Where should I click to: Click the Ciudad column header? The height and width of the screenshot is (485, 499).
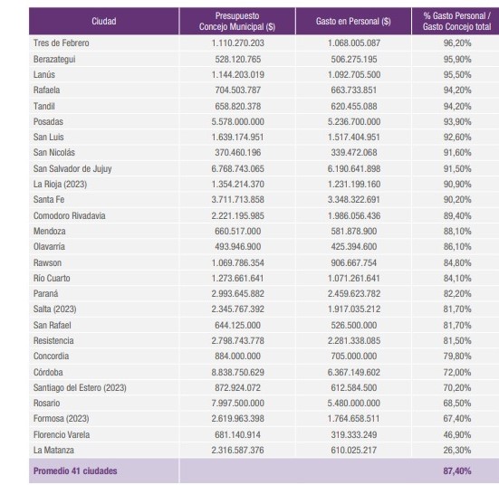click(104, 22)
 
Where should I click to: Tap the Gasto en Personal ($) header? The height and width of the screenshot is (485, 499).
click(353, 22)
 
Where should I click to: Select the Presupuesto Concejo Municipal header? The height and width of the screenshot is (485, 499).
click(237, 22)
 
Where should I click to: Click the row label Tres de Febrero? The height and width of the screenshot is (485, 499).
click(61, 43)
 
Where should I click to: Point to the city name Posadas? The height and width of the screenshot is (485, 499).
click(48, 121)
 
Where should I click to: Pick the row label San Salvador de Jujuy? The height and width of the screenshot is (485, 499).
click(72, 168)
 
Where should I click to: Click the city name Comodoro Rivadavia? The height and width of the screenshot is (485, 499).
click(70, 215)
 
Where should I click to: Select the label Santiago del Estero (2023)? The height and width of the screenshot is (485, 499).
click(80, 387)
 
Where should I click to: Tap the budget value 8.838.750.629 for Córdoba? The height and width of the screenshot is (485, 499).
click(237, 372)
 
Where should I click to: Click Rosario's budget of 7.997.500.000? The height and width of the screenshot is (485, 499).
click(237, 403)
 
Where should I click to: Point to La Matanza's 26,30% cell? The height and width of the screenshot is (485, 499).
click(457, 450)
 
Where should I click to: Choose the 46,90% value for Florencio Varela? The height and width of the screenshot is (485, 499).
click(457, 434)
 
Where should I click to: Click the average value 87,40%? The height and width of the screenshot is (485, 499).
click(457, 471)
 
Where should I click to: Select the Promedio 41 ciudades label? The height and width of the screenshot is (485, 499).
click(75, 471)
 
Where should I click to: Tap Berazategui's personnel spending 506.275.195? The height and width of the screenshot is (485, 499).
click(354, 59)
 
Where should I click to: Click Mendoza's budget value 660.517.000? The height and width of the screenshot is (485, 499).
click(237, 231)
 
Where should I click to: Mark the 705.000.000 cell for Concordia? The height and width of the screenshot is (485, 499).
click(354, 356)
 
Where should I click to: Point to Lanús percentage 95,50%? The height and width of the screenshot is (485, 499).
click(457, 75)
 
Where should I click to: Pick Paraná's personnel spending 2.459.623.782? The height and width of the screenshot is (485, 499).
click(354, 293)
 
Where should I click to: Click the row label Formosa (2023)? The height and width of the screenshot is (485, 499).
click(61, 419)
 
